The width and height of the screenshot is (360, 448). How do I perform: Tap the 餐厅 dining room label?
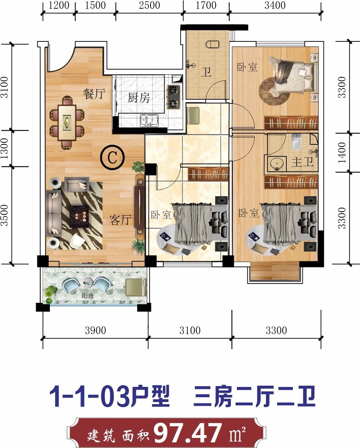coord(94,94)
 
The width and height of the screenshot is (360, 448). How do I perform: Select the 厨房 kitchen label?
coord(139,98)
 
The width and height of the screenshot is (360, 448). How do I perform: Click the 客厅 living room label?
coord(121,220)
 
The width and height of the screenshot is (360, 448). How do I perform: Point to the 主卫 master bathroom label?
coord(302,162)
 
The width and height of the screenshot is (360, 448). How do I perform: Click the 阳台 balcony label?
coord(87,296)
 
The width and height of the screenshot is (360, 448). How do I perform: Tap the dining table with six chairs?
coord(67,123)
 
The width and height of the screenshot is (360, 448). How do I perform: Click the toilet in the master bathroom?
coord(297,142)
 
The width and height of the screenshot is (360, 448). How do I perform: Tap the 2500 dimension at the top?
coord(149,5)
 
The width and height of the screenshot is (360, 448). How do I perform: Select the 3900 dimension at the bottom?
coord(95,330)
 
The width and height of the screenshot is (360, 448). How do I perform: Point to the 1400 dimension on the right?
coord(342,152)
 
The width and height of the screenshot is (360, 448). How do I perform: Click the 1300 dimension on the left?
coord(4,148)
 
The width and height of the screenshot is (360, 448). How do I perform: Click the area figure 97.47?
coord(188,433)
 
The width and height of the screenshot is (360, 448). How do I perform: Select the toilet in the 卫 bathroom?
coord(212,44)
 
